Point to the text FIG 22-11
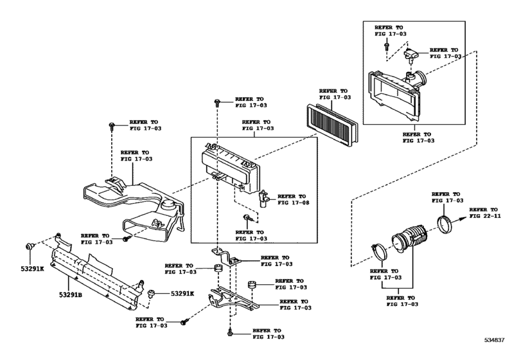point(484,217)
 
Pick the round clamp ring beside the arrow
point(445,224)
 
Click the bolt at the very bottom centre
point(230,332)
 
